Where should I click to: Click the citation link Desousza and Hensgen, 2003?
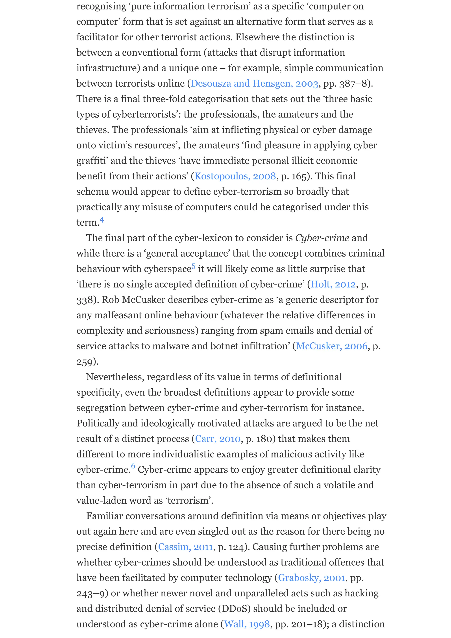pos(254,84)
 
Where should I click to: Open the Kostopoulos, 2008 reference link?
pos(235,176)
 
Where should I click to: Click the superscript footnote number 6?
pos(133,466)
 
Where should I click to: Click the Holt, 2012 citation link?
pos(333,284)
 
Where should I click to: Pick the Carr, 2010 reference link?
pos(218,439)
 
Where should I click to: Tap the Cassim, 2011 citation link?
pos(185,547)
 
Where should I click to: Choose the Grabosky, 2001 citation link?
pos(312,578)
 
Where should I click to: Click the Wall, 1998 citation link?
pos(247,624)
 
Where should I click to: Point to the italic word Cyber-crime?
pos(322,238)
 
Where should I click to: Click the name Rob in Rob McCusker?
pos(110,300)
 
